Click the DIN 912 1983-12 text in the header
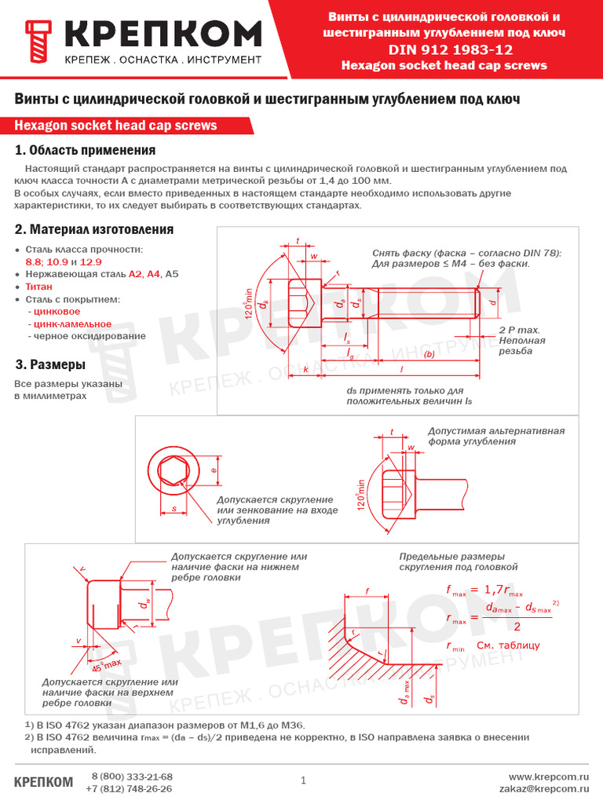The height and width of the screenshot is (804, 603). coord(444,49)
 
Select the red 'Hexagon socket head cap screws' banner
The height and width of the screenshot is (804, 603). coord(115,126)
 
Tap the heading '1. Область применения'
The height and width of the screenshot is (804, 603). coord(86,151)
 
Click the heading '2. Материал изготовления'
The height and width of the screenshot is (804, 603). coord(94,229)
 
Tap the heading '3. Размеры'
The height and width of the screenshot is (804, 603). coord(50,365)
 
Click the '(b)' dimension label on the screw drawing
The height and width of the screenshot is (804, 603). coord(429,354)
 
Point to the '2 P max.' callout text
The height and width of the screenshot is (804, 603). coord(519,330)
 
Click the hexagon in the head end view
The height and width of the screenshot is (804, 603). coord(172,471)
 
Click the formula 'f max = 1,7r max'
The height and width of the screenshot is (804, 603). coord(484,590)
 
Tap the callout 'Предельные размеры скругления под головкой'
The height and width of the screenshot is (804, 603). coord(459,561)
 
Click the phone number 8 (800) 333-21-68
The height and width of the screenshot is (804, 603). coord(132,777)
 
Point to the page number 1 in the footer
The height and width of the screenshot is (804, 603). coord(302,780)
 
